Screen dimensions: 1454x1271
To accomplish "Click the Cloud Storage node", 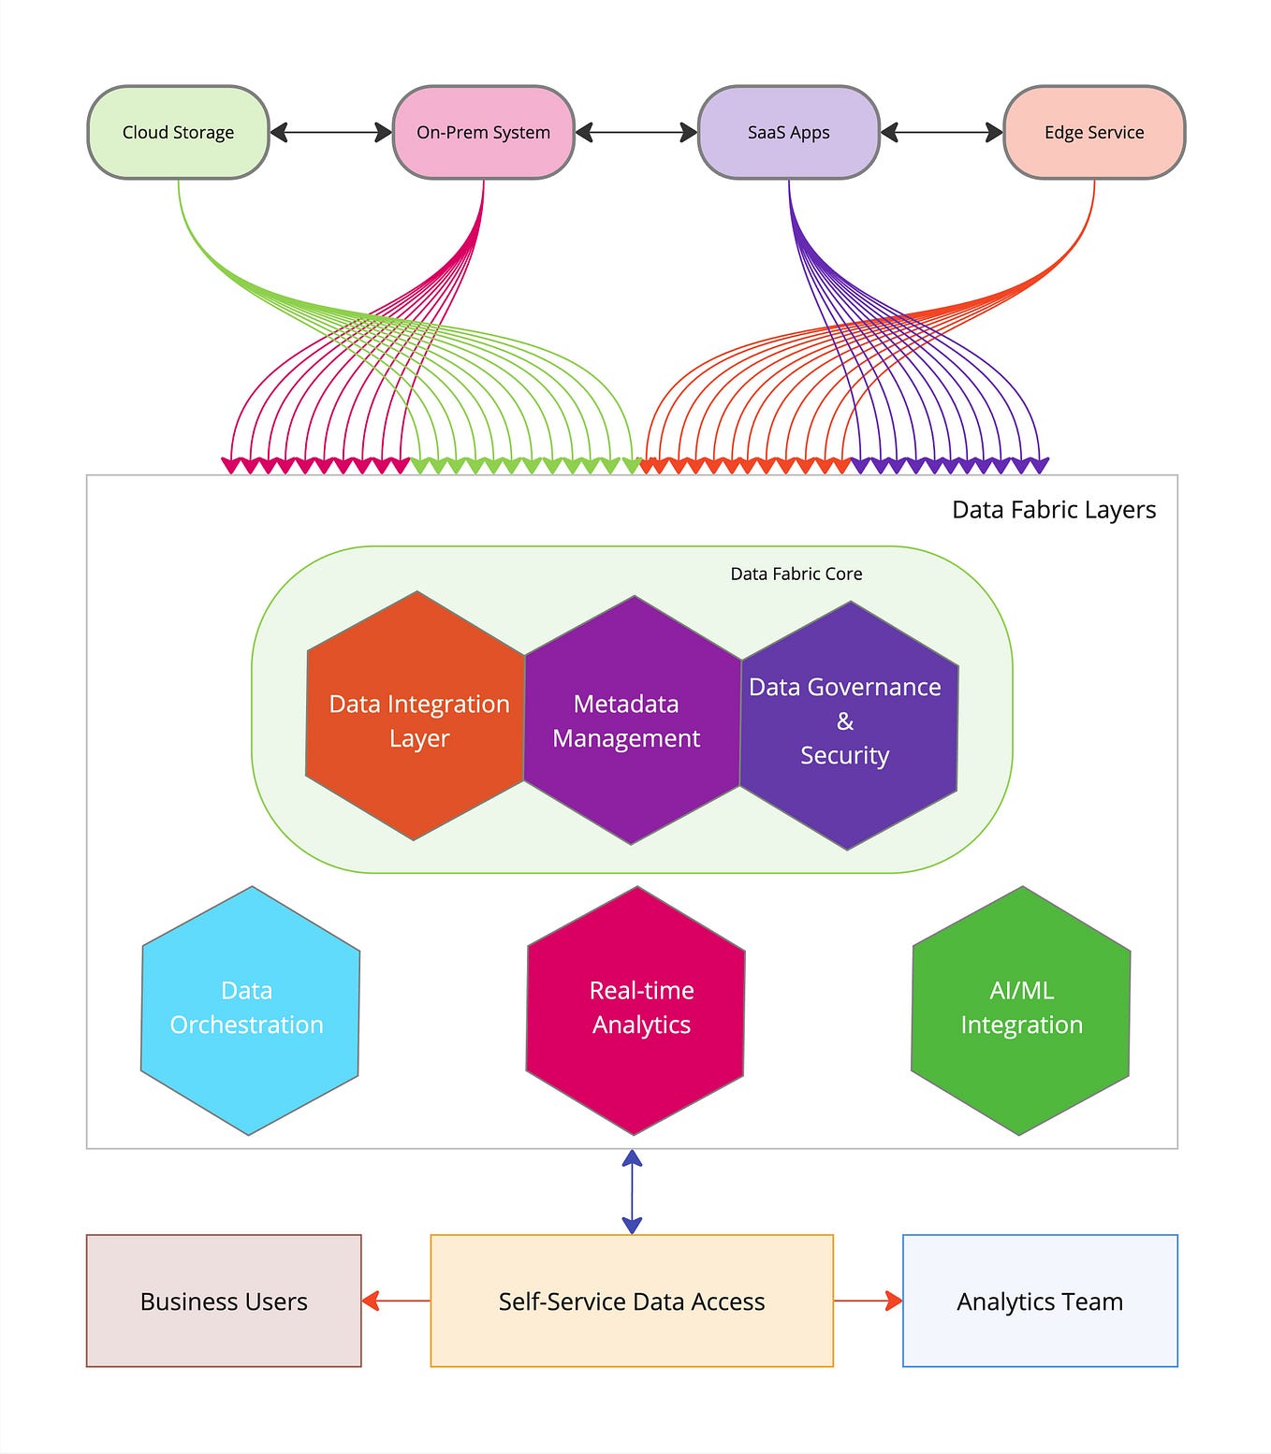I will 178,132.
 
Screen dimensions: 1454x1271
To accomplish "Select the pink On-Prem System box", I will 483,132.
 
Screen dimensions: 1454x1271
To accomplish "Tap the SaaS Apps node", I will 788,132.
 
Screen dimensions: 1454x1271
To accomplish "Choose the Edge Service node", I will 1094,132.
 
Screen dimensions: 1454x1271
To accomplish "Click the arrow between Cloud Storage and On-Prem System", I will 330,132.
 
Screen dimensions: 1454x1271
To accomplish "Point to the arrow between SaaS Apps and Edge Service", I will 942,132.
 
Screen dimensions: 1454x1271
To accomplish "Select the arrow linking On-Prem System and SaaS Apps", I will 636,132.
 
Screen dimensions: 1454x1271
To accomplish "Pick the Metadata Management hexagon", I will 632,720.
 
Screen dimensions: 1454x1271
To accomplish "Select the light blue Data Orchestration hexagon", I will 250,1011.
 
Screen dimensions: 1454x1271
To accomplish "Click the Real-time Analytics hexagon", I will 635,1011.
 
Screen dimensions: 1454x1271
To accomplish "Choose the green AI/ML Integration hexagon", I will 1021,1011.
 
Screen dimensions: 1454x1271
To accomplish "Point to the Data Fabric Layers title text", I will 1053,510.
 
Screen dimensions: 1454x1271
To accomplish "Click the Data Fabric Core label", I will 796,574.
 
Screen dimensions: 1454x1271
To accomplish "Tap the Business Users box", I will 224,1301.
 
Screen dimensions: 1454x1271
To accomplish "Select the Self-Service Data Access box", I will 632,1301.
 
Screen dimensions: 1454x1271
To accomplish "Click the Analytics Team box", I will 1040,1301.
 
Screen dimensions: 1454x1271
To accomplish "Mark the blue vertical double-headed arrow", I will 632,1191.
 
